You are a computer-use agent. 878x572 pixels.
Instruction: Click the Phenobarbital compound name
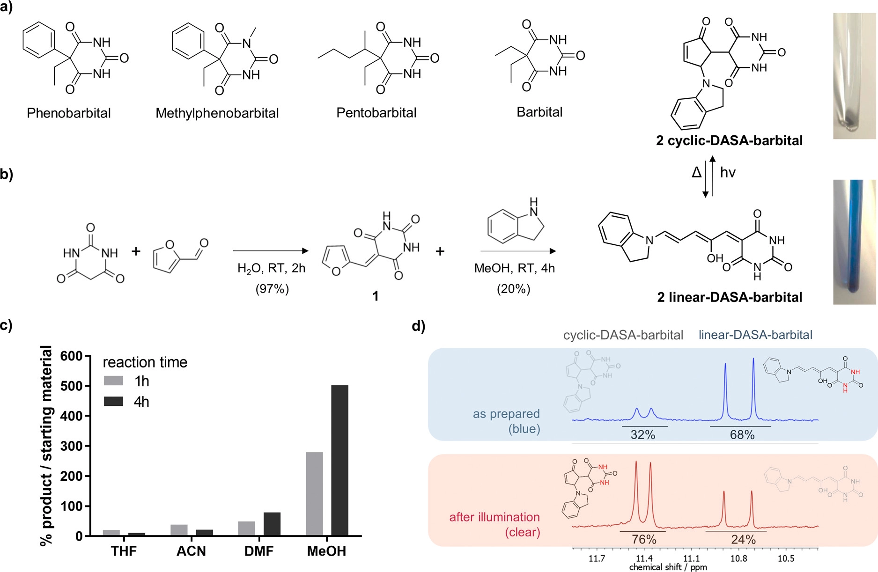69,113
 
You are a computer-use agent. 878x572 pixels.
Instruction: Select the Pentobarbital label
376,113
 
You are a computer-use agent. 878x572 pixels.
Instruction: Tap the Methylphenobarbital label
217,113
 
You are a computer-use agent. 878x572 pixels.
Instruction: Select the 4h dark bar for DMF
272,524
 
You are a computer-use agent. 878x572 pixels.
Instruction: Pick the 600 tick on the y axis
71,356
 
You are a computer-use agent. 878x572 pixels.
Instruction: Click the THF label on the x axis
124,551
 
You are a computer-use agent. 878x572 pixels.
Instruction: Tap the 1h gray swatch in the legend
113,381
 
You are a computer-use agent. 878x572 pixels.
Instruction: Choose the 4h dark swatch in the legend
113,402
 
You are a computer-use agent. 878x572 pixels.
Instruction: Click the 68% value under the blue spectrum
742,435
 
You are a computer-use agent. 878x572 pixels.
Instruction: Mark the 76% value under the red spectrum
644,540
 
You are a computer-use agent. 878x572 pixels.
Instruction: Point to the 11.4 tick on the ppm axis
644,558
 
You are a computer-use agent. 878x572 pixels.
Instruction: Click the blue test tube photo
854,242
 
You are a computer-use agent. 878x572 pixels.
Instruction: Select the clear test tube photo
854,76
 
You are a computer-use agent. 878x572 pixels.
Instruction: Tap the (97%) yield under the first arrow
272,289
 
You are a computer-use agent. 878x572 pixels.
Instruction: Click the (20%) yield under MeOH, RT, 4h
514,289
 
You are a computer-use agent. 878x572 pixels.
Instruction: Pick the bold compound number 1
375,296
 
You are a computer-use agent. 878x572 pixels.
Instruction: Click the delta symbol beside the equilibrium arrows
696,173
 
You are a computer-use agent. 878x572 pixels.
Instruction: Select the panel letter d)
418,326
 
